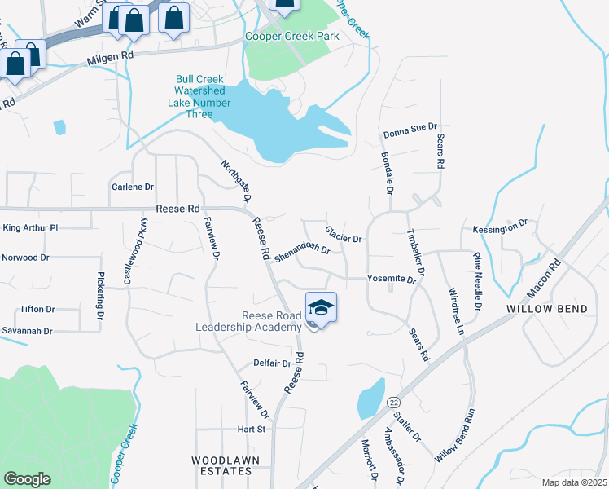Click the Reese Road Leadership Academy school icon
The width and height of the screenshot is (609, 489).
[321, 308]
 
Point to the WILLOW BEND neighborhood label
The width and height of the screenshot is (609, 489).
[540, 310]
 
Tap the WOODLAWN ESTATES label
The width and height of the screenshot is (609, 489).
[221, 465]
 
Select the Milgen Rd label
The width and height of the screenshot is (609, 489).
[110, 56]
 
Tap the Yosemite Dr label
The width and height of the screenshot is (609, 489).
[392, 278]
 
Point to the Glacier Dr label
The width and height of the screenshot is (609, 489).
[343, 235]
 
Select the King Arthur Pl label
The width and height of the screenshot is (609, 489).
[31, 228]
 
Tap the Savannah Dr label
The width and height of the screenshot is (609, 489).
[27, 331]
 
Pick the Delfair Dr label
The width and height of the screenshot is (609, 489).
[272, 363]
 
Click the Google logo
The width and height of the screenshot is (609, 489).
[27, 479]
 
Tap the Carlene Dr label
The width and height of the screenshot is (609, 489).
[132, 187]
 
